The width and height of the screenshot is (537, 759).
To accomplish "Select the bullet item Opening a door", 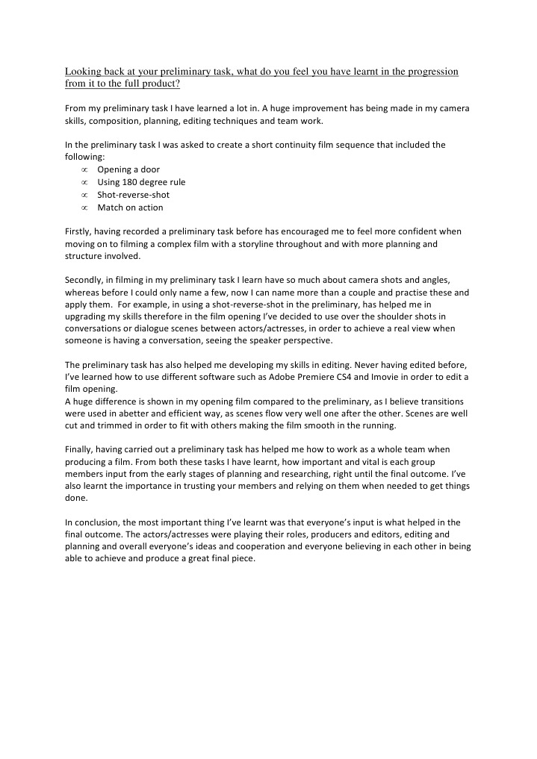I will pyautogui.click(x=128, y=169).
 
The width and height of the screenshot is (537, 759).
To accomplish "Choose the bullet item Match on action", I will pyautogui.click(x=130, y=207).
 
